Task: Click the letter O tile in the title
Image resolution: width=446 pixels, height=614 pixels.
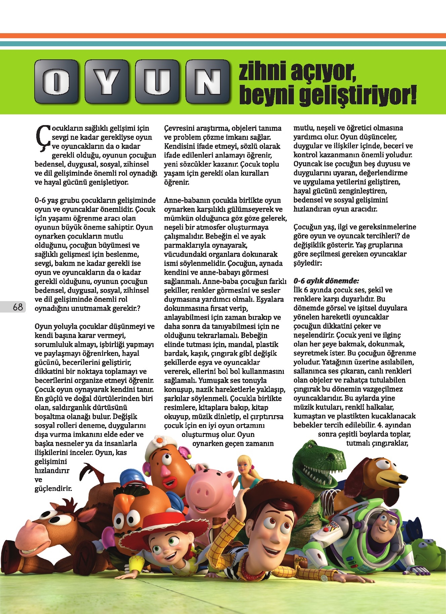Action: [56, 81]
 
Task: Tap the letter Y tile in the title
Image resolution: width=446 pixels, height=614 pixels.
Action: [106, 81]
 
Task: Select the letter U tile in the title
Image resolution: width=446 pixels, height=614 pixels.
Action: [157, 81]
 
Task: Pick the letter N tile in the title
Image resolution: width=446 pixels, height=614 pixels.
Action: [207, 81]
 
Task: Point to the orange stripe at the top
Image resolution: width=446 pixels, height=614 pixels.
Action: [223, 36]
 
